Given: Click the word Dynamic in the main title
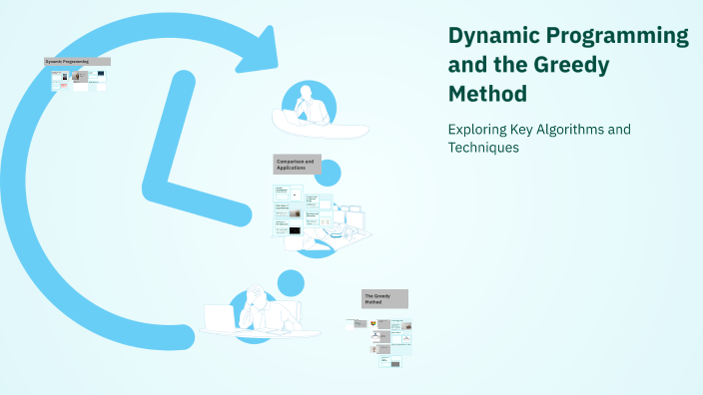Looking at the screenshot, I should (x=490, y=37).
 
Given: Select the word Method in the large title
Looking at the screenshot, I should (x=486, y=94).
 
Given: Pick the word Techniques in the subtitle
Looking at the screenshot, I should (x=484, y=148).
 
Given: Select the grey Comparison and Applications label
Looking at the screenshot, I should (x=297, y=164).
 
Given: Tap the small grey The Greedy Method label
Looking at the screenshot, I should (x=384, y=298).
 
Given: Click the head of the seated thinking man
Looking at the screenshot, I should (x=307, y=94).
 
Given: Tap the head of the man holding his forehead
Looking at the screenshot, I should (x=257, y=297).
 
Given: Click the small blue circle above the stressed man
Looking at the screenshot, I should (x=290, y=282).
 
